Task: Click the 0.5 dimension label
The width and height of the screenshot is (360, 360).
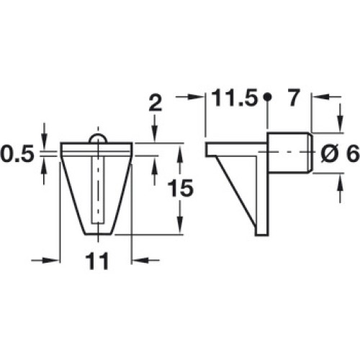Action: (17, 153)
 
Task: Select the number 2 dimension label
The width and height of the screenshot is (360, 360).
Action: (156, 103)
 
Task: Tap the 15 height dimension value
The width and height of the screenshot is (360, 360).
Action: (180, 188)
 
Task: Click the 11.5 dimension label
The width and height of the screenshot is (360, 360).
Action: (235, 98)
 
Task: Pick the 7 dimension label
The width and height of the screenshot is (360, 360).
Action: (294, 98)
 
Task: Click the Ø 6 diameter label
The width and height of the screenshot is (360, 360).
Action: (340, 154)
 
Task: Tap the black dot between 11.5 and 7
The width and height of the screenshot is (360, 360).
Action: (267, 96)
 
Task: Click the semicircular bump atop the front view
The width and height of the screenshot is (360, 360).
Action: (97, 138)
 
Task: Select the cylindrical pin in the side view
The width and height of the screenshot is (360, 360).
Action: (289, 153)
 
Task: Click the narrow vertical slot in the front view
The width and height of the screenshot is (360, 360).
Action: (98, 190)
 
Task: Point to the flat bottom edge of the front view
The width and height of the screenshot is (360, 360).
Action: (99, 234)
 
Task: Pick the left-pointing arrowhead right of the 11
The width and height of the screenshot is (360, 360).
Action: (140, 260)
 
